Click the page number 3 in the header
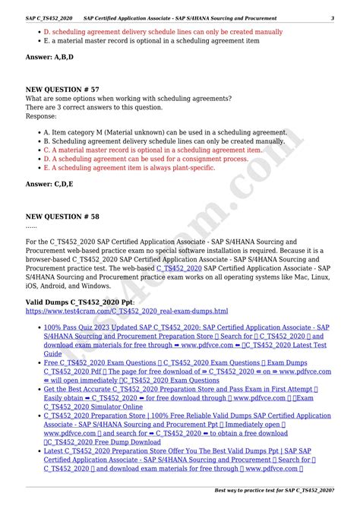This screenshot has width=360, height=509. pyautogui.click(x=332, y=17)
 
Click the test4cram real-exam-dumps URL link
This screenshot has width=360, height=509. pyautogui.click(x=126, y=311)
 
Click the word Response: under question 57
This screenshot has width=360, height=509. pyautogui.click(x=41, y=115)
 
